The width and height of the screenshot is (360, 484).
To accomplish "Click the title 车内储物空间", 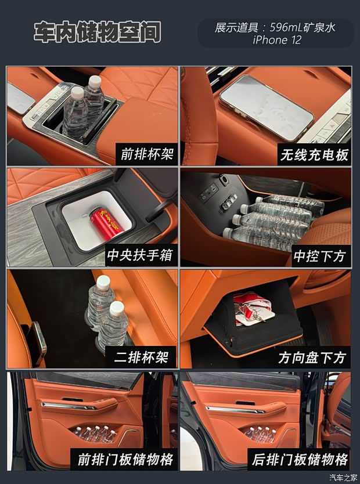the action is pos(97,31).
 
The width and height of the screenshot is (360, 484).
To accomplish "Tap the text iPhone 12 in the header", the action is pos(276,40).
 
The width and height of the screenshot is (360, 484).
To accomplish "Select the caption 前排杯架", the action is pos(147,154).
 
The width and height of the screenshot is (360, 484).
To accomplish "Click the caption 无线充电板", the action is pos(314,154).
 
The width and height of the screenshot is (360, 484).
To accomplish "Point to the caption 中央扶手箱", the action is pos(141,255).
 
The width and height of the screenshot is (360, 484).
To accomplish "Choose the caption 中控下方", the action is pos(320,256).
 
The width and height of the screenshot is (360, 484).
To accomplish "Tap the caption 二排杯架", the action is pos(141,357).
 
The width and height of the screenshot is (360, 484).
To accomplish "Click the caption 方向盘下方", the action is pos(312,357).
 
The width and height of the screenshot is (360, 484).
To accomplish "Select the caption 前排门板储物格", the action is pos(125,459).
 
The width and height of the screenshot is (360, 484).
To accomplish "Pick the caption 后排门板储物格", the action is pos(300,459).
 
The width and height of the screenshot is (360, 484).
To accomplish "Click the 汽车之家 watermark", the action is pos(343,477).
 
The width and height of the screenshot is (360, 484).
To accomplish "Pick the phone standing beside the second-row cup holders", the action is pos(37,343).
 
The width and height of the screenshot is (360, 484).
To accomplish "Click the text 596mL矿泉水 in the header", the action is pos(303,27).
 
